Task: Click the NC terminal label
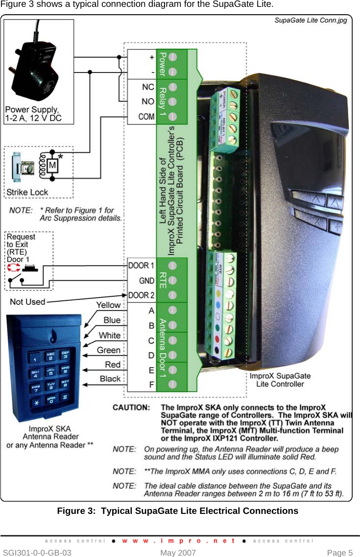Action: coord(146,87)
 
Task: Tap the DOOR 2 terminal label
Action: coord(141,295)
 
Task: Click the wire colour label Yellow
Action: coord(108,305)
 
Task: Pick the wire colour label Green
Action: coord(109,350)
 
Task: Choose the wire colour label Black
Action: coord(110,379)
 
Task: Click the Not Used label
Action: coord(27,302)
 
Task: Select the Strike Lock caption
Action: coord(27,193)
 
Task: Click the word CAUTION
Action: coord(131,408)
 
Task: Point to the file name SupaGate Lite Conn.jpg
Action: coord(311,21)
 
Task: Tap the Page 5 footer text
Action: coord(339,553)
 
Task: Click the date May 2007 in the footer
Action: coord(178,553)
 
